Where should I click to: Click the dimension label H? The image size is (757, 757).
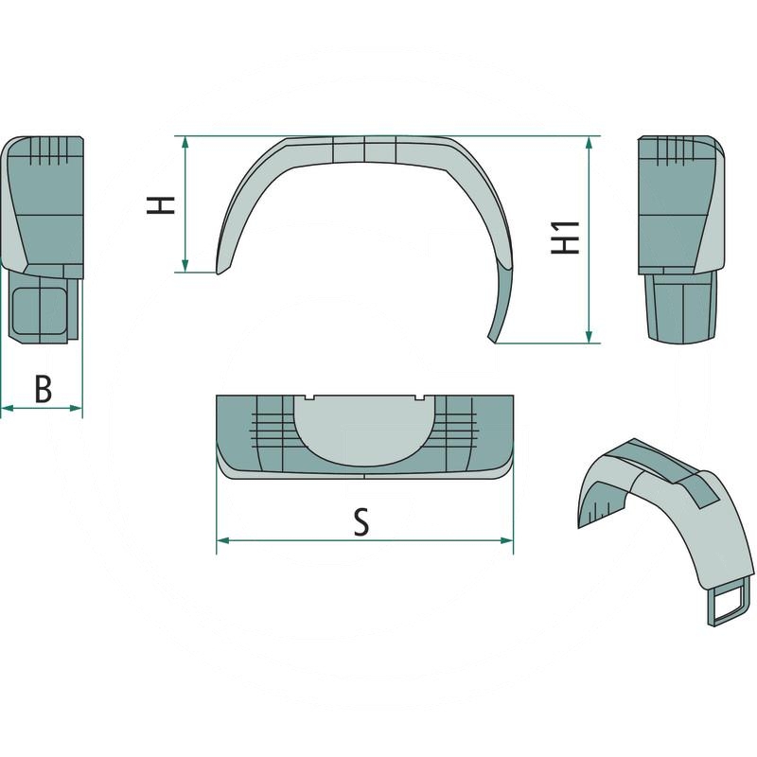point(165,204)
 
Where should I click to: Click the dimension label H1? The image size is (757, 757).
point(565,237)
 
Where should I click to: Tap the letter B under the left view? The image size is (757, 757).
point(43,389)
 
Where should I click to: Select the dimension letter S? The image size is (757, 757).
point(361,522)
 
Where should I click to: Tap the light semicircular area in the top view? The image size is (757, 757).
point(364,431)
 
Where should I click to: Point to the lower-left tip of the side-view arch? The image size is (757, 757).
point(220,273)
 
